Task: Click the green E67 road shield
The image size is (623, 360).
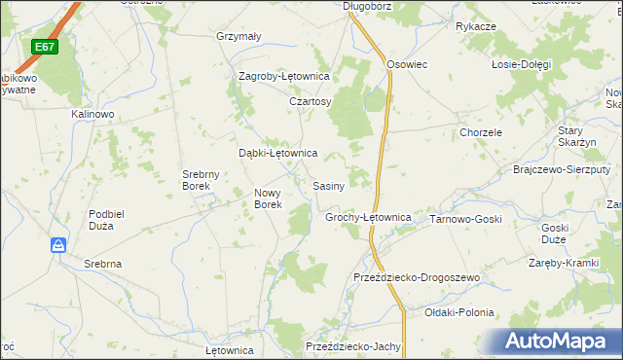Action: point(45,47)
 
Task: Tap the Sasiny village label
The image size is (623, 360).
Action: point(328,185)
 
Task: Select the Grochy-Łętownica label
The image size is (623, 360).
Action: point(367,217)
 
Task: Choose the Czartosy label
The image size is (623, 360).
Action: point(311,101)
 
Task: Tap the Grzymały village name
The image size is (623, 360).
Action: point(238,37)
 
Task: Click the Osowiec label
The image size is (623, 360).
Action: point(408,64)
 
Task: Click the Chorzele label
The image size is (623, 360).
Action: point(481,132)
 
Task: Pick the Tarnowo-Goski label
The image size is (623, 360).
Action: point(465,219)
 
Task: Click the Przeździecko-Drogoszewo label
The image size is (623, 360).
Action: point(417,278)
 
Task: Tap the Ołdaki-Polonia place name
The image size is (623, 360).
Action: point(459,313)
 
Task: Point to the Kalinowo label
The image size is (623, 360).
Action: point(92,114)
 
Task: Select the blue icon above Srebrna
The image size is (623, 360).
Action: point(58,245)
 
